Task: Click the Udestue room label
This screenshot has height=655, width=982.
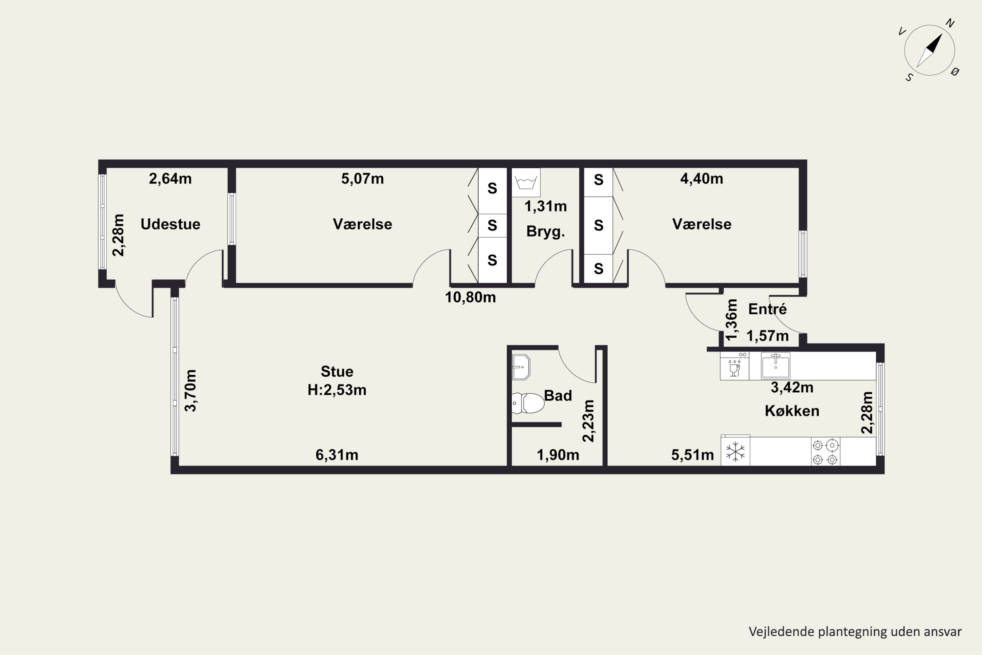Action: (x=170, y=224)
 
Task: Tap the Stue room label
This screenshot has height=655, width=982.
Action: (x=337, y=371)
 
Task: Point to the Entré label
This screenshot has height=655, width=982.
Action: (x=767, y=309)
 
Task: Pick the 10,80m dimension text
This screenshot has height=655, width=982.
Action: (x=471, y=297)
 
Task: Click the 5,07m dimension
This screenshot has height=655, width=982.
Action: (x=362, y=179)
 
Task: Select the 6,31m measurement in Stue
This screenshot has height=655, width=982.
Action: (x=337, y=455)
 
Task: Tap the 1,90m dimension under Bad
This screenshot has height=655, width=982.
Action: (x=558, y=455)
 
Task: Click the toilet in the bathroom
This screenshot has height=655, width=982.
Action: (x=528, y=403)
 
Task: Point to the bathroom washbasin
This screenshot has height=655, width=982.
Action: (x=521, y=367)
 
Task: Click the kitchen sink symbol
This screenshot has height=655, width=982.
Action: (x=775, y=365)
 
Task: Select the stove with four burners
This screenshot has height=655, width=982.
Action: (x=826, y=452)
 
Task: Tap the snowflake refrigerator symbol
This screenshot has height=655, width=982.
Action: (x=735, y=452)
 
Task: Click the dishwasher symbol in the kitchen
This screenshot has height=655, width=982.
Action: (x=735, y=366)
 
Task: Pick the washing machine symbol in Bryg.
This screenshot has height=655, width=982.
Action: (x=526, y=182)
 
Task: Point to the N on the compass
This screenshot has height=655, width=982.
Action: (x=950, y=23)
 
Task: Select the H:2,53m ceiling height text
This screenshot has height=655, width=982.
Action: (x=337, y=390)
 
